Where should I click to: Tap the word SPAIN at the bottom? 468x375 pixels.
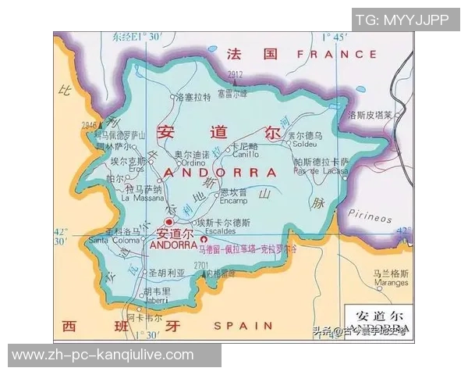[x=243, y=325]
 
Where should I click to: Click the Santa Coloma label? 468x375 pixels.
[x=114, y=241]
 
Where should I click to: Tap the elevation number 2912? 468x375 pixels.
[x=236, y=74]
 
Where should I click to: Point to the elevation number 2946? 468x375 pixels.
[x=88, y=125]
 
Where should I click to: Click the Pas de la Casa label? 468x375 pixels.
[x=321, y=170]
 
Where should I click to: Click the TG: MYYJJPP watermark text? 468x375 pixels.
[x=402, y=20]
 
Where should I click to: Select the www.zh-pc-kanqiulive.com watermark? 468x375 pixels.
[x=103, y=355]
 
